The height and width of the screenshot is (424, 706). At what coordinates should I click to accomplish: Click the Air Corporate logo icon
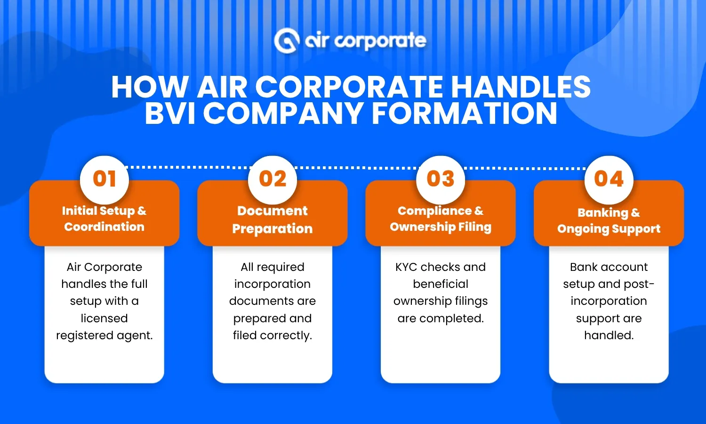(287, 41)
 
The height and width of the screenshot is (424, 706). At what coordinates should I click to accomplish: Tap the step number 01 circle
(104, 179)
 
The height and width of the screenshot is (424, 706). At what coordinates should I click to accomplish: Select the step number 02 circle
(273, 179)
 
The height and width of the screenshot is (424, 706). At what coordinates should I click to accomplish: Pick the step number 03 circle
(441, 179)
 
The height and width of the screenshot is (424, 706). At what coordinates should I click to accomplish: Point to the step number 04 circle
(609, 179)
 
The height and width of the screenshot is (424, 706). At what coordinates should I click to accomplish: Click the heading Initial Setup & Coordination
(104, 219)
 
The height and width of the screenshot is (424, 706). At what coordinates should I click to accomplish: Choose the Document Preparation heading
(273, 220)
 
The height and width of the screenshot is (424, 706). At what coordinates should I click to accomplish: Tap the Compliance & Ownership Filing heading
(441, 219)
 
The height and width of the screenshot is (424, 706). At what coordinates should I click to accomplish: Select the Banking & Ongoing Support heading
(609, 220)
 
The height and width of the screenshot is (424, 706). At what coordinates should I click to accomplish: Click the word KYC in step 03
(406, 267)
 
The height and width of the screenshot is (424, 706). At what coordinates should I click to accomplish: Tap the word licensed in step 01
(104, 318)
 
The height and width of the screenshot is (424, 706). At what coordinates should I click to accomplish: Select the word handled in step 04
(609, 335)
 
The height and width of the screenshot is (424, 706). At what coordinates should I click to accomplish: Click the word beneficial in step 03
(441, 284)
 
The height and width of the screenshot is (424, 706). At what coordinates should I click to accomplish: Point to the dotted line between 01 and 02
(188, 167)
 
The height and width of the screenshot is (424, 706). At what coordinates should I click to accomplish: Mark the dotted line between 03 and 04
(525, 168)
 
